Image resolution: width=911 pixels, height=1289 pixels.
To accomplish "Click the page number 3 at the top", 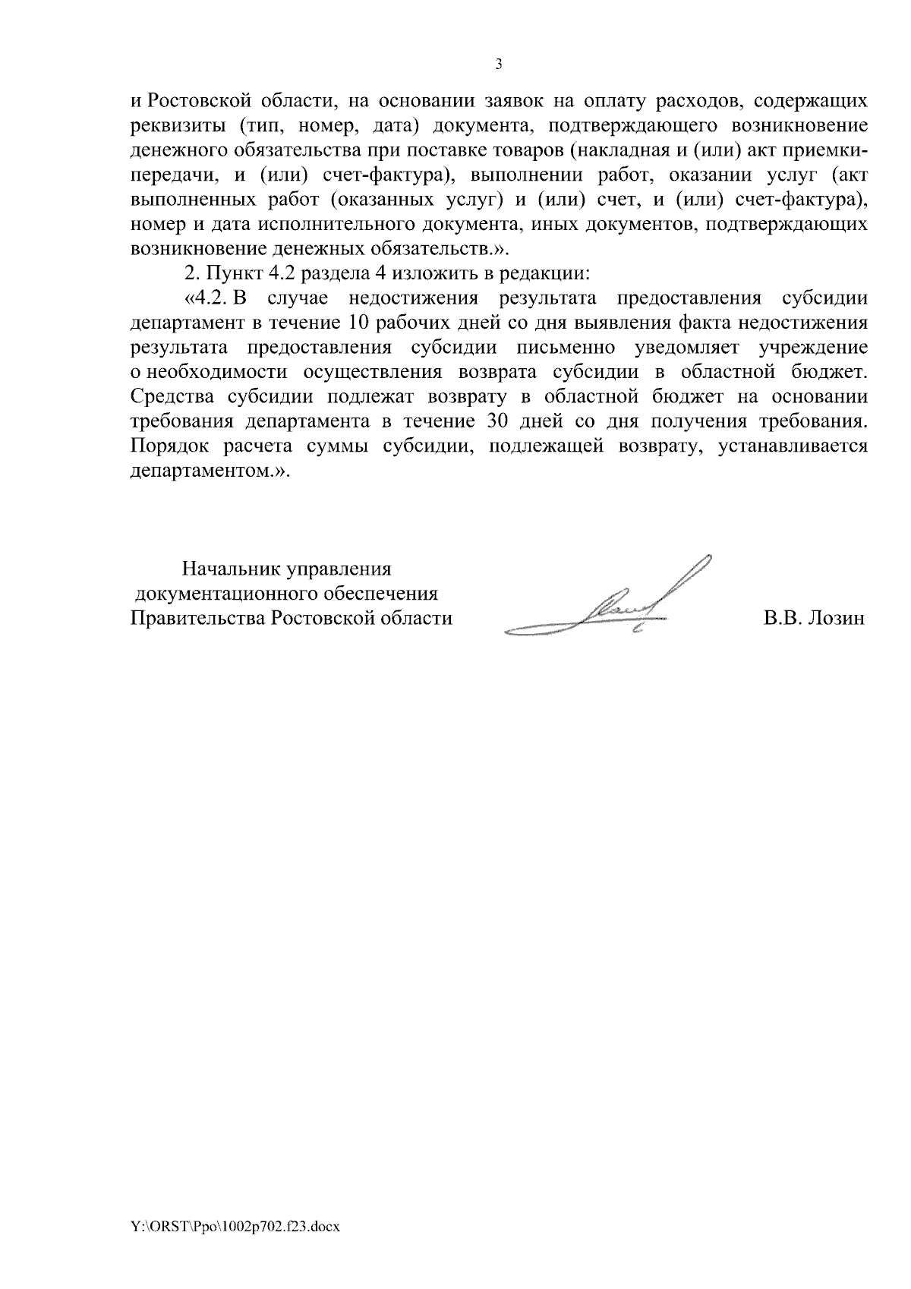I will pyautogui.click(x=499, y=65).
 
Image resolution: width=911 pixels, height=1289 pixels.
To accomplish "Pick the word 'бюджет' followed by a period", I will pyautogui.click(x=828, y=372).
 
